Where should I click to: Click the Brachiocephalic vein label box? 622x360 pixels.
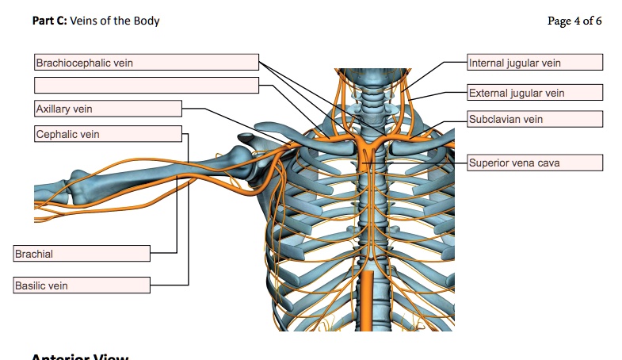tap(146, 63)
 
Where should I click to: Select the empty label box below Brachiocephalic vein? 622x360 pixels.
tap(146, 85)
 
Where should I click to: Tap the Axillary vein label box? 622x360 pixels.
tap(108, 109)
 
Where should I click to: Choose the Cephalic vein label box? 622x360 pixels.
tap(108, 134)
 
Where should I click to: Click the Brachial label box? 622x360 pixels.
tap(82, 254)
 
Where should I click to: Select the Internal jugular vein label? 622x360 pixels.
tap(535, 63)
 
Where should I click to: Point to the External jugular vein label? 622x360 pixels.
tap(535, 93)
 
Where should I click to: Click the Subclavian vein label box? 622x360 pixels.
tap(535, 119)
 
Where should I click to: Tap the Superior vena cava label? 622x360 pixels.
tap(535, 163)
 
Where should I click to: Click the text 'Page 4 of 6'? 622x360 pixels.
tap(574, 21)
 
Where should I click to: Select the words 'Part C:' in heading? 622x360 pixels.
tap(50, 21)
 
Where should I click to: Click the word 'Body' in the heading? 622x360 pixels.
tap(147, 21)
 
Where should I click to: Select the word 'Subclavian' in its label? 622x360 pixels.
tap(494, 119)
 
